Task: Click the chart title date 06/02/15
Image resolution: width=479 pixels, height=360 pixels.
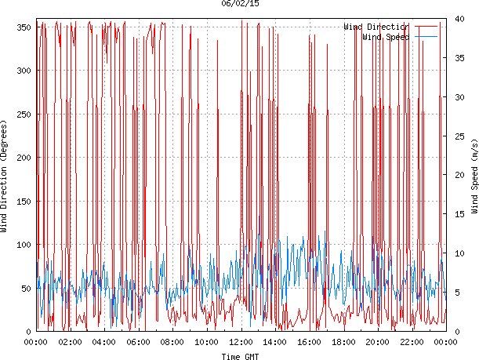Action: (x=241, y=4)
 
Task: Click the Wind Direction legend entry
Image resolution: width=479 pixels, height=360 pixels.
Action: (x=376, y=27)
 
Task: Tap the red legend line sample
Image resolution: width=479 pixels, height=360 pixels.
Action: (x=426, y=27)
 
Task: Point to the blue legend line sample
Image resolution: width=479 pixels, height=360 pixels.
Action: (x=426, y=37)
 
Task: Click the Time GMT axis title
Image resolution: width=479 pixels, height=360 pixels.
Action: (x=241, y=356)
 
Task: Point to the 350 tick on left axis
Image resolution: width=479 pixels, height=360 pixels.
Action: (x=23, y=27)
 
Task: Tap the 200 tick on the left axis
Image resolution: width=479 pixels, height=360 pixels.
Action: (x=23, y=158)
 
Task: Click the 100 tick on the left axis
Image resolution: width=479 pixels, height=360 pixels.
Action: (x=23, y=245)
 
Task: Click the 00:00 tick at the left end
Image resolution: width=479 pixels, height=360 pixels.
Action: (x=36, y=342)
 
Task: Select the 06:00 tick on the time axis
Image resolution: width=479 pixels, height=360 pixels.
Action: (x=139, y=342)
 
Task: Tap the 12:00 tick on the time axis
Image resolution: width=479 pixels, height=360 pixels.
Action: (x=241, y=342)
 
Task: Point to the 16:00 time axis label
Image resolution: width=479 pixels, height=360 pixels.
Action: (x=310, y=342)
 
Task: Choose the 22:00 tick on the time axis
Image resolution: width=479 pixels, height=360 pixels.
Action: (x=412, y=342)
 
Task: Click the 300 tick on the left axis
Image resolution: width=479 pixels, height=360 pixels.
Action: (x=23, y=71)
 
